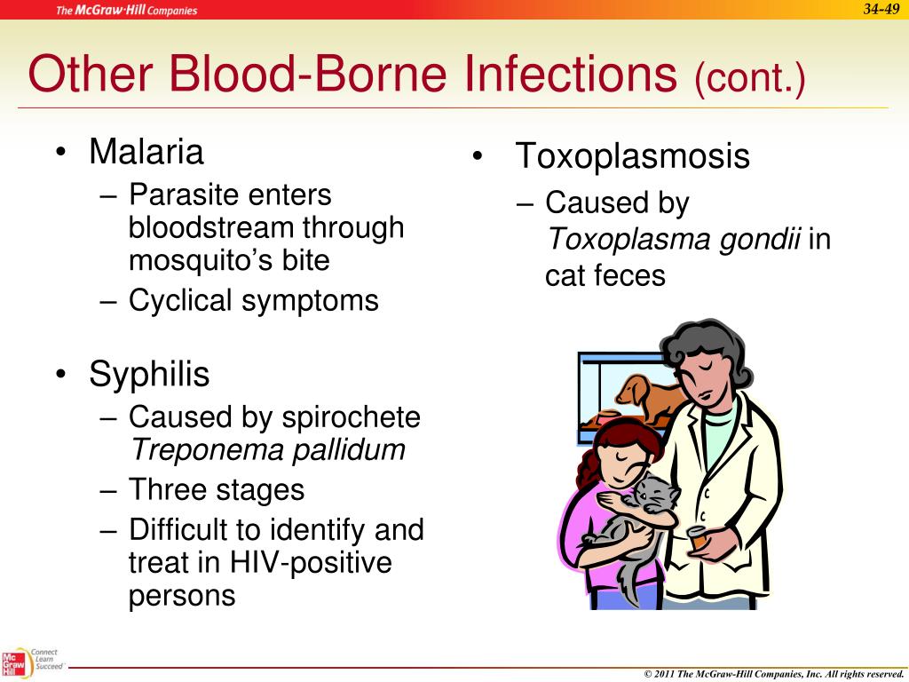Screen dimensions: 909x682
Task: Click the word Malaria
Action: point(146,151)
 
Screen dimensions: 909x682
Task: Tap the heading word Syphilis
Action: point(149,374)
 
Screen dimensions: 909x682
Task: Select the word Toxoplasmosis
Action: point(632,156)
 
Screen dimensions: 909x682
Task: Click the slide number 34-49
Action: point(881,9)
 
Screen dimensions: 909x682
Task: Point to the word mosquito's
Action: point(202,261)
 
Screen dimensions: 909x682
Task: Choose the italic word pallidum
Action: point(348,449)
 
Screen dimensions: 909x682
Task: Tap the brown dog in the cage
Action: point(649,396)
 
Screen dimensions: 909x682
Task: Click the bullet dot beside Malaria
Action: point(60,152)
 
